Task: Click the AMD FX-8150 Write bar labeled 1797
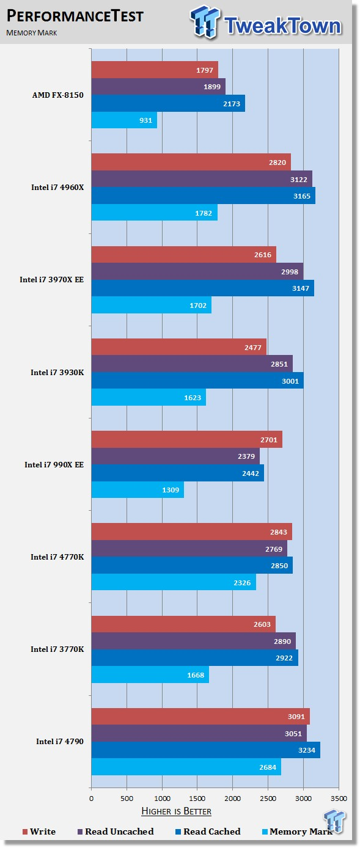(x=155, y=70)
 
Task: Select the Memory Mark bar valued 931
(x=124, y=120)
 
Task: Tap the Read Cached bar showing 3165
(x=204, y=196)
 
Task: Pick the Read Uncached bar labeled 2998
(x=197, y=271)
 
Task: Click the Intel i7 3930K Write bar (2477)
(x=179, y=347)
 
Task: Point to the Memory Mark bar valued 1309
(x=138, y=489)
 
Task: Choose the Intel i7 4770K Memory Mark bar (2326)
(x=174, y=582)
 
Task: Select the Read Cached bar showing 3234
(x=206, y=750)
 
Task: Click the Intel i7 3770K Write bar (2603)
(x=183, y=624)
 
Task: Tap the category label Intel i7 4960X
(x=57, y=188)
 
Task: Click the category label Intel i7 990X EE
(x=54, y=464)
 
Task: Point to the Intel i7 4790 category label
(x=60, y=741)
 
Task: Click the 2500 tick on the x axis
(x=268, y=799)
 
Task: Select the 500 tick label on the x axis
(x=127, y=799)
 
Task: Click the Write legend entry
(x=39, y=832)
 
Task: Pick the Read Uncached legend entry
(x=116, y=832)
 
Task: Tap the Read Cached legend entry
(x=208, y=832)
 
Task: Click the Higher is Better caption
(x=177, y=811)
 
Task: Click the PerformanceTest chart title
(x=75, y=16)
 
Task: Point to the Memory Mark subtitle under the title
(x=31, y=33)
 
